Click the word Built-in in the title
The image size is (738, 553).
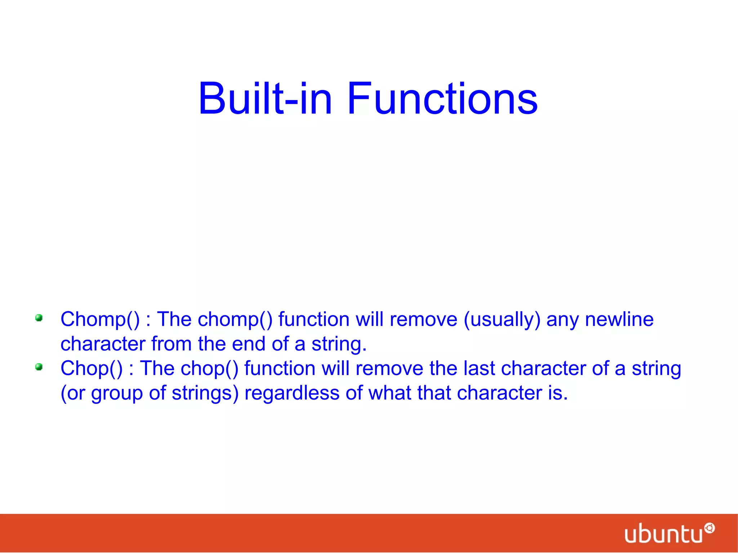(265, 98)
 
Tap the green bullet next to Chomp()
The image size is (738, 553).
(39, 318)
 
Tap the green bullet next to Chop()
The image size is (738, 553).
(39, 367)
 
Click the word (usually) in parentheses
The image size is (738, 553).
(502, 320)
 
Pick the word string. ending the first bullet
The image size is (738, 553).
(339, 344)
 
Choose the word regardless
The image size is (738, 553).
(292, 393)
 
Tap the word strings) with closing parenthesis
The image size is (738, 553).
(205, 393)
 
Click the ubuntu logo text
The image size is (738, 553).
(663, 534)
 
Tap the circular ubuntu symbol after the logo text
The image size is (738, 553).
(709, 528)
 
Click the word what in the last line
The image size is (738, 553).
(390, 393)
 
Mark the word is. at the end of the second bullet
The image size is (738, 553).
(557, 393)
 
